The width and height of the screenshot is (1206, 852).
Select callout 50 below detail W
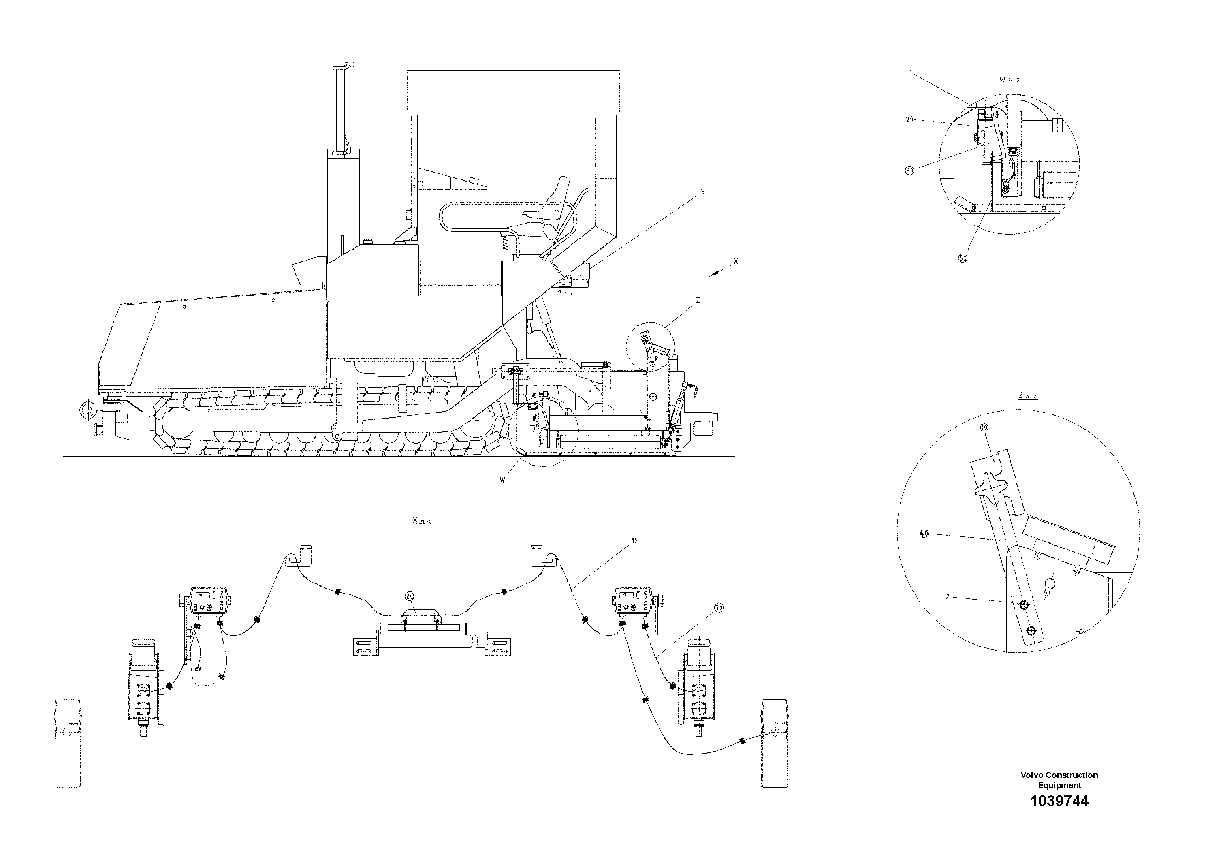pos(963,258)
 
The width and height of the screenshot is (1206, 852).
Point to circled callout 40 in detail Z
pos(925,534)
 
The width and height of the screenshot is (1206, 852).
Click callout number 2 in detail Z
pos(948,597)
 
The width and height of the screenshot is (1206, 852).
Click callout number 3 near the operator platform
pos(702,193)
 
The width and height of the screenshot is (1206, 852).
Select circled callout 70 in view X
pos(719,608)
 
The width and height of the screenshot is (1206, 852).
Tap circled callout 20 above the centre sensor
pos(410,596)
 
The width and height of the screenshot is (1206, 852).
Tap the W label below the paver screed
pos(503,480)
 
